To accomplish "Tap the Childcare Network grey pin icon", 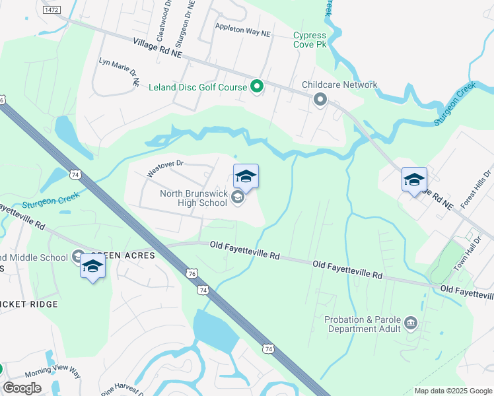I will tap(320, 100).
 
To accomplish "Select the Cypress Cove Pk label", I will tap(310, 40).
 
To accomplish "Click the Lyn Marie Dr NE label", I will tap(120, 71).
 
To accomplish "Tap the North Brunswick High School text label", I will tap(194, 198).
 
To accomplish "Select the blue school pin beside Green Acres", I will tap(92, 267).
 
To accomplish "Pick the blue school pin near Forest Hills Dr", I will tap(414, 180).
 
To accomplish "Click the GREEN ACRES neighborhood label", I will tap(123, 255).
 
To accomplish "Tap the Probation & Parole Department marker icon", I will tap(411, 323).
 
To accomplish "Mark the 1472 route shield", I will tap(51, 11).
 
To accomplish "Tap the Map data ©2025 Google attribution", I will tap(452, 391).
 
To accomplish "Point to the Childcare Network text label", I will tap(339, 84).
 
